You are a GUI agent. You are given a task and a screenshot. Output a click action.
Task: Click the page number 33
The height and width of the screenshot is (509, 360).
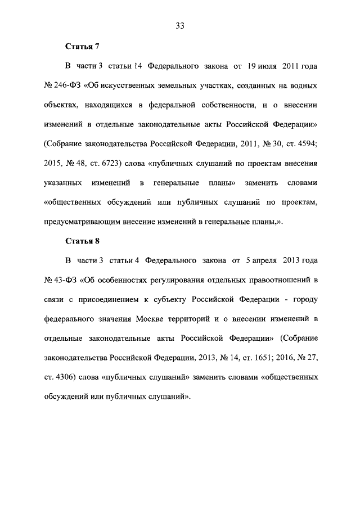180,25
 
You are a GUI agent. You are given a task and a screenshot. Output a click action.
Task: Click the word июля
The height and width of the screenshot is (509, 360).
271,66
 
